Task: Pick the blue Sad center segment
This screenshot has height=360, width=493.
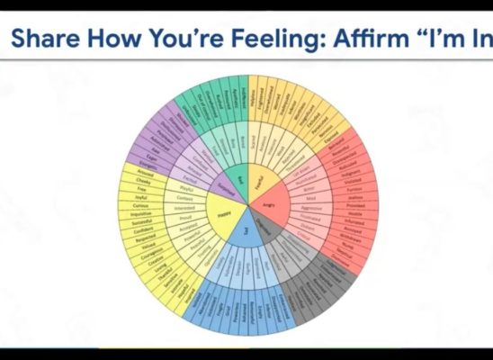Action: (x=245, y=232)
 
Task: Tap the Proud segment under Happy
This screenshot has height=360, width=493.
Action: (x=183, y=217)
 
